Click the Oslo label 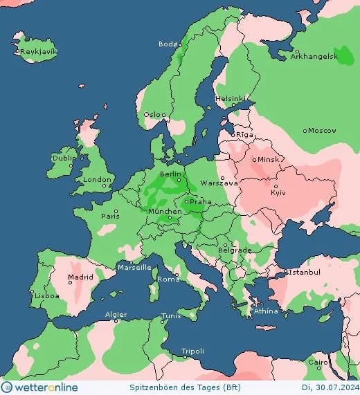(154, 115)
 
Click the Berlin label (170, 174)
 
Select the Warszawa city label (219, 183)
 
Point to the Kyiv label (278, 192)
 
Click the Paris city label (110, 216)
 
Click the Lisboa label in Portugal (48, 295)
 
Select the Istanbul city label (304, 273)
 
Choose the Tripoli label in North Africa (192, 351)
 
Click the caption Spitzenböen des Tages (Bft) (180, 388)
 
